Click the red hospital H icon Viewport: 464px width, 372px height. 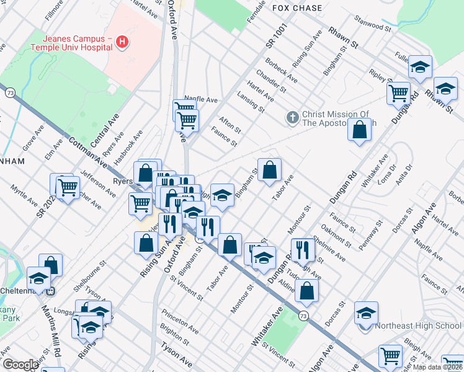pyautogui.click(x=123, y=42)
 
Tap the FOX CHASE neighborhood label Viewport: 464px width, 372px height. pyautogui.click(x=297, y=8)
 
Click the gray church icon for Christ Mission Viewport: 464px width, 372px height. pyautogui.click(x=292, y=117)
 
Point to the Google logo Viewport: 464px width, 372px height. pyautogui.click(x=20, y=365)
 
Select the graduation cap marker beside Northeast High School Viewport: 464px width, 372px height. pyautogui.click(x=366, y=314)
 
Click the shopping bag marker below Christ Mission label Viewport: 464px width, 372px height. pyautogui.click(x=360, y=130)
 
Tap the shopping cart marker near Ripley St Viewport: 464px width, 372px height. pyautogui.click(x=398, y=94)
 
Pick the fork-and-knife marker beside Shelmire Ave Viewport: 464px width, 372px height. pyautogui.click(x=302, y=250)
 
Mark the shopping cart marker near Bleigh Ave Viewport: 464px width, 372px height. pyautogui.click(x=390, y=356)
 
